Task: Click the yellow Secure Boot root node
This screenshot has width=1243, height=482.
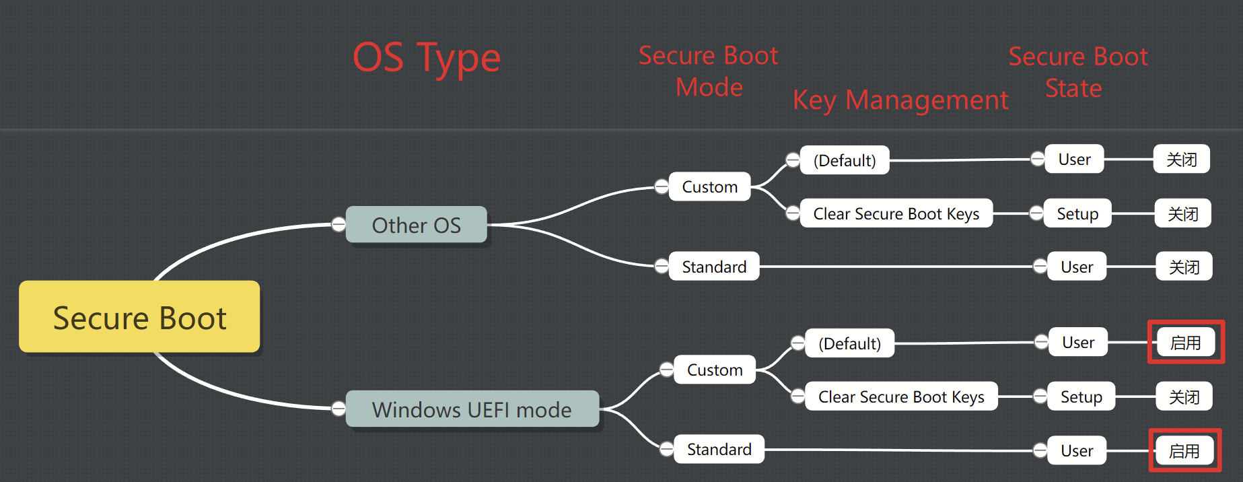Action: click(x=139, y=317)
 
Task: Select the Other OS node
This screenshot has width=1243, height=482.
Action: click(x=416, y=225)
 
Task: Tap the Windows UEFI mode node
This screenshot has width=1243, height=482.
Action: click(x=472, y=409)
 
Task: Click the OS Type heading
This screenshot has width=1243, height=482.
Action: click(x=427, y=58)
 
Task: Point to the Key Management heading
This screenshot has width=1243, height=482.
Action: click(x=900, y=100)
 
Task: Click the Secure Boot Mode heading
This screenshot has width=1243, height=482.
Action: click(x=709, y=71)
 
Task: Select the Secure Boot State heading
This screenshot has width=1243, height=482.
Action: click(x=1078, y=72)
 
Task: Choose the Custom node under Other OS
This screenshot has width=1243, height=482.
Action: click(x=709, y=186)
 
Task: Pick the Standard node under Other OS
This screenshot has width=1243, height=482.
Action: click(x=714, y=267)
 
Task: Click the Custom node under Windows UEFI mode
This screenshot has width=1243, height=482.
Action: click(x=715, y=370)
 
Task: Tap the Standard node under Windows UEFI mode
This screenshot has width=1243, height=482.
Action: click(x=719, y=449)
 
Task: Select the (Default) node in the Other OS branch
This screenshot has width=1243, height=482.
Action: click(x=845, y=160)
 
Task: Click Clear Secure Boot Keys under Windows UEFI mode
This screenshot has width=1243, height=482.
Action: click(x=901, y=397)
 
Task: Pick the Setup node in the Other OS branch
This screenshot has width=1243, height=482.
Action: click(x=1077, y=213)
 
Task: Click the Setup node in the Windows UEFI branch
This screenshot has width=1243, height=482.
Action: click(x=1081, y=397)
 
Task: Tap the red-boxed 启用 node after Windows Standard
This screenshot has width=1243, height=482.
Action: click(x=1184, y=450)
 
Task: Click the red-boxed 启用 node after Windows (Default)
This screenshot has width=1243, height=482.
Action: click(x=1186, y=343)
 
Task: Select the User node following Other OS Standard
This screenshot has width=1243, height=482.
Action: click(x=1077, y=267)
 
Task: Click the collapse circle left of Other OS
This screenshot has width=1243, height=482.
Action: click(x=339, y=225)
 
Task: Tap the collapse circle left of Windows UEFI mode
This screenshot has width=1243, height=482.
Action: click(x=339, y=409)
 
